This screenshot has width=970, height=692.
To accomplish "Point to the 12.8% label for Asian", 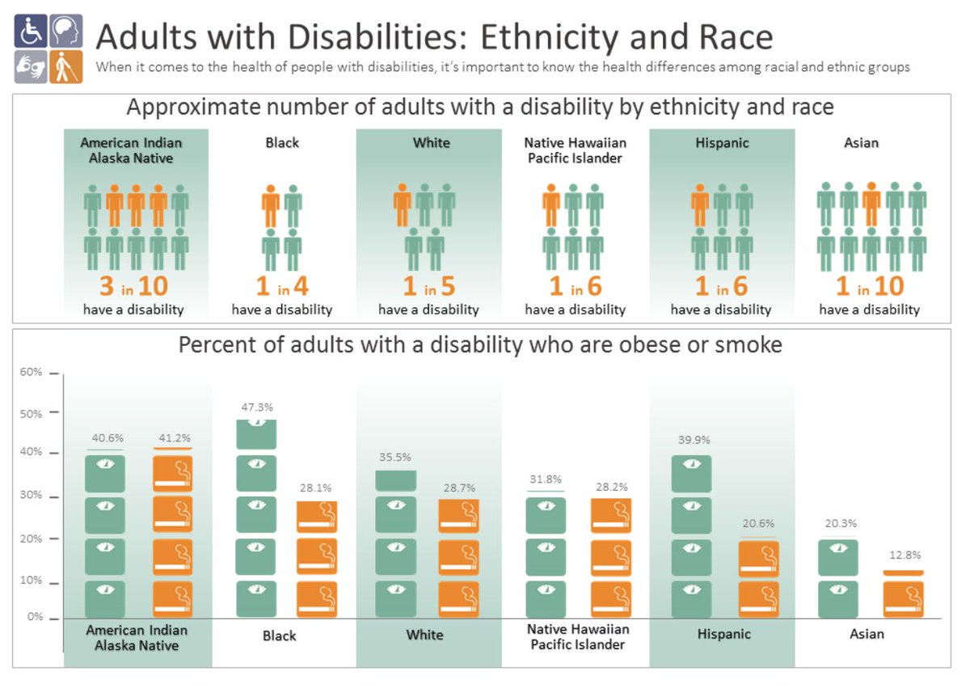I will [904, 555].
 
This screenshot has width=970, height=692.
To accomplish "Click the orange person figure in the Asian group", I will [871, 206].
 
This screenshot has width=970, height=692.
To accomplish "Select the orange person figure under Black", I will [271, 206].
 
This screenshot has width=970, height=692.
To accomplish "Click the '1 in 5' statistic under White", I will [428, 287].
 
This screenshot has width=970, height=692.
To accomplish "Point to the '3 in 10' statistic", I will [136, 287].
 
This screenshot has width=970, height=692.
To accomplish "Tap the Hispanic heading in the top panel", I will [722, 143].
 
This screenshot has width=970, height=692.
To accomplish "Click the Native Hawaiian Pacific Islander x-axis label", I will [577, 636].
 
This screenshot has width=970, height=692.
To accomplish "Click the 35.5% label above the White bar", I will [396, 457].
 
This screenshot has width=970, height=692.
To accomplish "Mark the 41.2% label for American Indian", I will [172, 438].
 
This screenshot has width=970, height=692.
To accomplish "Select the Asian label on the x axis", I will [867, 634].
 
